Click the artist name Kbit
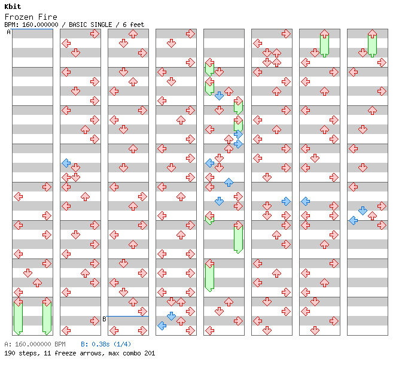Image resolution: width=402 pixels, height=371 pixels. (x=13, y=7)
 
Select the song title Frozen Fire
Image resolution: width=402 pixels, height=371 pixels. (x=31, y=17)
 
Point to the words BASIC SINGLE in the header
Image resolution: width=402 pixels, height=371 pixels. (x=90, y=25)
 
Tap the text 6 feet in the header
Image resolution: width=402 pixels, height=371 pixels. (x=133, y=25)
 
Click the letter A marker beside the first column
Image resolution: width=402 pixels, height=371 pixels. (x=9, y=32)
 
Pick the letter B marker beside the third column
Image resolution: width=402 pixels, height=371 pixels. (x=104, y=319)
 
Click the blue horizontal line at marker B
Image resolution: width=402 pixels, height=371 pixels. (x=127, y=316)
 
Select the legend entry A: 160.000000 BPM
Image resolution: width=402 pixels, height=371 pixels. (x=35, y=344)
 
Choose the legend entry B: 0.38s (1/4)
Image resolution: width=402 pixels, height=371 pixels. (x=106, y=344)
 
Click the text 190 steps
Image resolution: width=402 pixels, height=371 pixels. (x=20, y=353)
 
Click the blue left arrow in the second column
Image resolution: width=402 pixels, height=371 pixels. (x=66, y=163)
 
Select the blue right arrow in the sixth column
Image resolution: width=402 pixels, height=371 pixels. (x=286, y=201)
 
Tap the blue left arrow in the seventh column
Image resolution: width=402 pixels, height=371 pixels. (x=305, y=201)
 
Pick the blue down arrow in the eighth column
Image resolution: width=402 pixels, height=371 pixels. (x=363, y=211)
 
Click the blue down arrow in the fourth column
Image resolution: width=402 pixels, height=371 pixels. (x=171, y=316)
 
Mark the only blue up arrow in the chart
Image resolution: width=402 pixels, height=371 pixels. (x=229, y=183)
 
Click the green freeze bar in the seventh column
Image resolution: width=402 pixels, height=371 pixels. (x=324, y=45)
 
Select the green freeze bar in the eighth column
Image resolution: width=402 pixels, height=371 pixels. (x=372, y=45)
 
